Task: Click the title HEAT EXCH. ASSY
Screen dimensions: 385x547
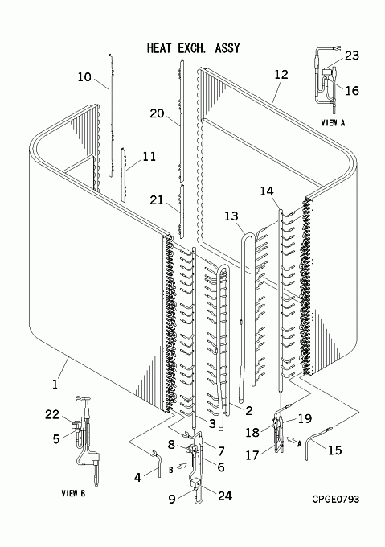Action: [194, 48]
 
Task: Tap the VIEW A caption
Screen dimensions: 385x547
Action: [333, 123]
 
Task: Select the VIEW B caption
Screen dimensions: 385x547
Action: [73, 493]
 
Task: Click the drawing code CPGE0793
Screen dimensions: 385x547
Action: [335, 500]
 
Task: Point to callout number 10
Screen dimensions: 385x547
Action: [84, 76]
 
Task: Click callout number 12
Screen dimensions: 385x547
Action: [281, 74]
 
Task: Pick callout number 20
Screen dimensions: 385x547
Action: [157, 113]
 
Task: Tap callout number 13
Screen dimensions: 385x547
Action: [231, 216]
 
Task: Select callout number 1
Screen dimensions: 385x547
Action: [55, 384]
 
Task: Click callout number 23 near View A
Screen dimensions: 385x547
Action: [352, 56]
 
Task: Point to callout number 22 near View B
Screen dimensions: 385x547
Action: [52, 414]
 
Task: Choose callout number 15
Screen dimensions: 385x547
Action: [335, 450]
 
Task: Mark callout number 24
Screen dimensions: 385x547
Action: [225, 496]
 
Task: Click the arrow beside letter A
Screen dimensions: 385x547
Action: [290, 438]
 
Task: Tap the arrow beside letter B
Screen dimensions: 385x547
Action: [182, 466]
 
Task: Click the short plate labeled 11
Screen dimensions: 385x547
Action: [123, 174]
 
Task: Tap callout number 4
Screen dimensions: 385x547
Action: [138, 477]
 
